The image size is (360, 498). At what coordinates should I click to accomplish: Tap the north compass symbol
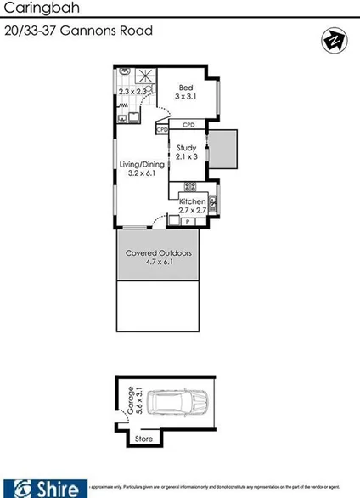pyautogui.click(x=332, y=40)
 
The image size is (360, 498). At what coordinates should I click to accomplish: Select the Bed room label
pyautogui.click(x=185, y=87)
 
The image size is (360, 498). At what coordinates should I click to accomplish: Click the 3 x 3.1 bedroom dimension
pyautogui.click(x=185, y=96)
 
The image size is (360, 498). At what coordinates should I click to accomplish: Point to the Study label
pyautogui.click(x=186, y=148)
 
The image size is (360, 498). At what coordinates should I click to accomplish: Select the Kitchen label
pyautogui.click(x=192, y=201)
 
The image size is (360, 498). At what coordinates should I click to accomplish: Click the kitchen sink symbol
pyautogui.click(x=212, y=203)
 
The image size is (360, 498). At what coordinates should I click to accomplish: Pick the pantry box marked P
pyautogui.click(x=187, y=221)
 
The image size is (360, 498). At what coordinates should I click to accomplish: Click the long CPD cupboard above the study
pyautogui.click(x=188, y=125)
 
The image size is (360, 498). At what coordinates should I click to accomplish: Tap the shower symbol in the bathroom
pyautogui.click(x=149, y=74)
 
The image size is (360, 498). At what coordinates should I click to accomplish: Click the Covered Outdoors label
pyautogui.click(x=158, y=253)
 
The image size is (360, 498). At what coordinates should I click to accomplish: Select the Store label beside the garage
pyautogui.click(x=143, y=439)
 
